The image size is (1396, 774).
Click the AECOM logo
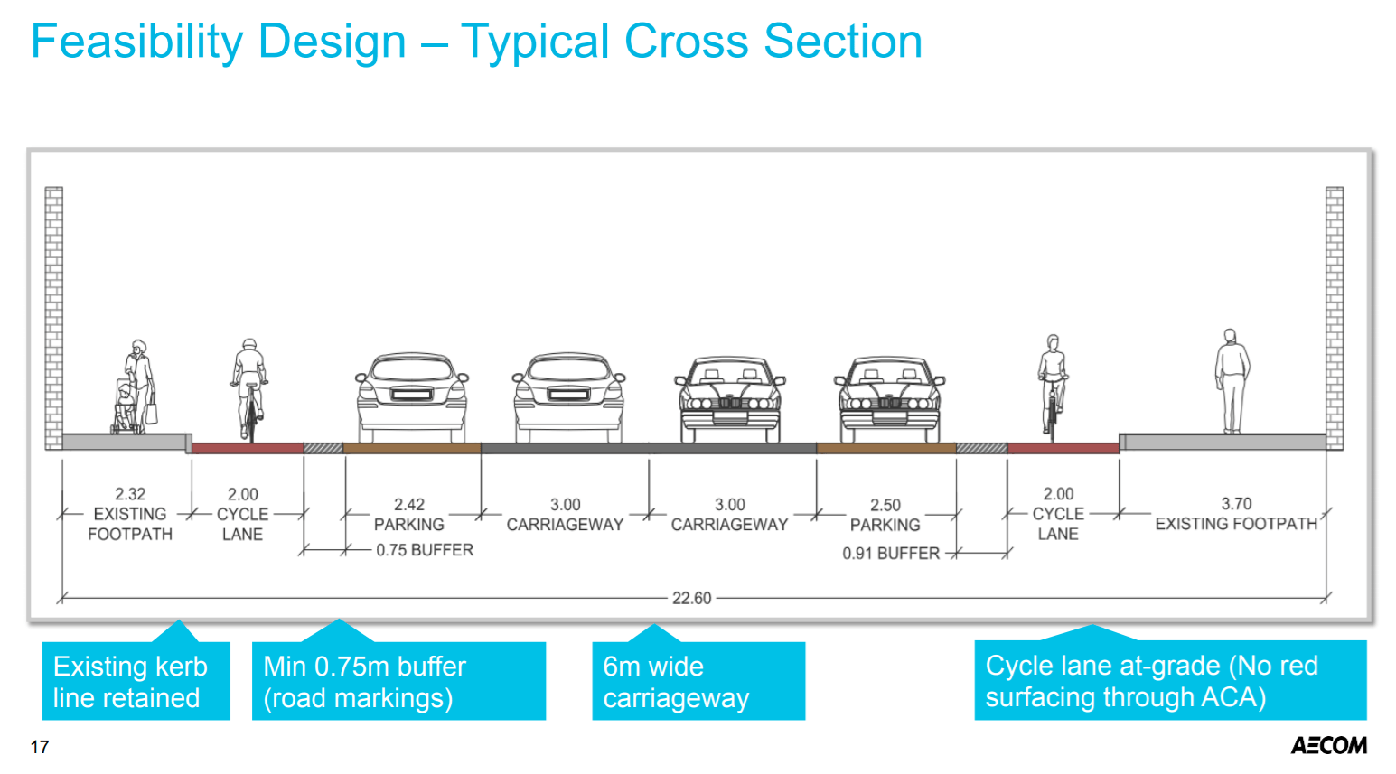1328,745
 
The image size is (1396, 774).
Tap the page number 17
39,747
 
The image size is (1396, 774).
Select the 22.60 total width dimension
691,598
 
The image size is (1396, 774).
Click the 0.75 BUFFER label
424,550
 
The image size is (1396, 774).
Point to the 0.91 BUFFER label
891,553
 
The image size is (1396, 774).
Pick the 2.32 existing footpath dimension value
130,494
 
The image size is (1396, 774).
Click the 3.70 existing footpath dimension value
1236,503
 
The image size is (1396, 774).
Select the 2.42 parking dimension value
408,505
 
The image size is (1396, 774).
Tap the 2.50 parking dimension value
885,505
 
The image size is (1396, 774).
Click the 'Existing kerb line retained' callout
136,681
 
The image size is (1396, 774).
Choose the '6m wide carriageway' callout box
698,681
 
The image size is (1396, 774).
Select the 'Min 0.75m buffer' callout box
398,681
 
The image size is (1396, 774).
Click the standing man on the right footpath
1231,380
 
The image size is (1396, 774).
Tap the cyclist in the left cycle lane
248,388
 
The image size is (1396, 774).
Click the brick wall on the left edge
54,316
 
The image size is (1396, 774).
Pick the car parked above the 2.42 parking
412,396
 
